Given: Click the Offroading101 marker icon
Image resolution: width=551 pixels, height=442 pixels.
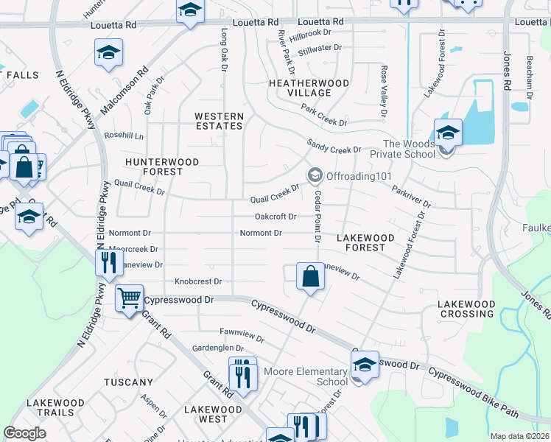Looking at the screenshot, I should pos(315,175).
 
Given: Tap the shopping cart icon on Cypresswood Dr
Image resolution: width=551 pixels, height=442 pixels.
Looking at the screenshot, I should pos(130,298).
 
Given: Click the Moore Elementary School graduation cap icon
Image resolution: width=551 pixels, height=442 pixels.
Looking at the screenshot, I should pos(364,364).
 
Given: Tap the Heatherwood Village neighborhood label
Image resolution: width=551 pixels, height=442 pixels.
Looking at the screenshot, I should pos(309,88).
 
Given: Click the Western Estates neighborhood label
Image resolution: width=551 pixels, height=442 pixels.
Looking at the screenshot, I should pos(219,121).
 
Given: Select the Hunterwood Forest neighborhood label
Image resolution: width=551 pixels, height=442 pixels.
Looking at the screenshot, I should pos(153,166).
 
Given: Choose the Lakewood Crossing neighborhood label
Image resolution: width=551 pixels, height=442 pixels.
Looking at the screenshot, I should pos(466,309).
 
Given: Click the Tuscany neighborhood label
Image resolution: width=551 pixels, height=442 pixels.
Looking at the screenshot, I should pos(128,382).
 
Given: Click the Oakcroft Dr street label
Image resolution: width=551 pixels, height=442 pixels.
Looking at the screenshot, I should pos(275,217).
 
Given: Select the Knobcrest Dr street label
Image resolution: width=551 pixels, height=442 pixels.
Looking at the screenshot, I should pos(198,281).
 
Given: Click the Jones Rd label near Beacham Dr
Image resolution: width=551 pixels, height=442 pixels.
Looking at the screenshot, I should pos(507,71).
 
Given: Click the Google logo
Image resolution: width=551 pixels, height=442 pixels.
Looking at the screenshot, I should pos(24,433).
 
